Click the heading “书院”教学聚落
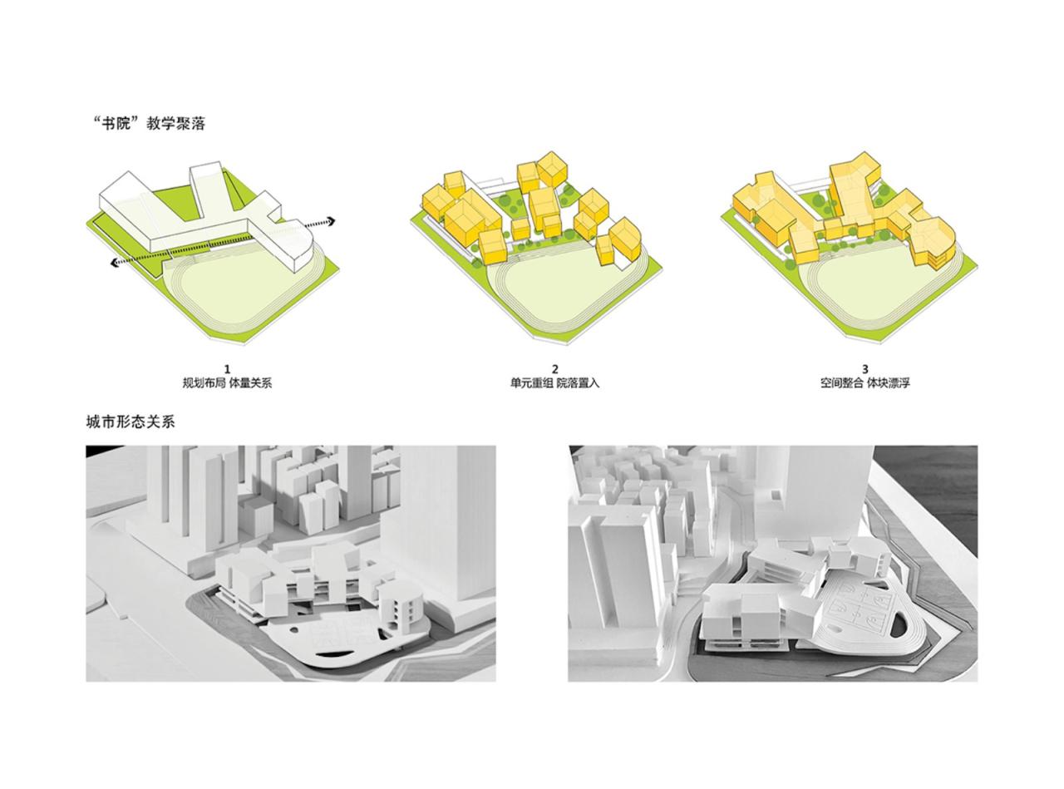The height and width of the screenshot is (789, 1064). (150, 124)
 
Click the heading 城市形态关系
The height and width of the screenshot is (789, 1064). (131, 422)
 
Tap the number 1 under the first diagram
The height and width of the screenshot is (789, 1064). (228, 369)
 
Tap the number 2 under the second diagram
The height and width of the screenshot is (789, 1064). (555, 369)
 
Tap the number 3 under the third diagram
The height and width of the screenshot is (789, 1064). (865, 369)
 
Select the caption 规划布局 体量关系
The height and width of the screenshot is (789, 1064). (228, 383)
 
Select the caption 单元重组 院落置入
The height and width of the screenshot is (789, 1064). (554, 383)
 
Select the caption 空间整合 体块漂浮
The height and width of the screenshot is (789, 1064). (865, 383)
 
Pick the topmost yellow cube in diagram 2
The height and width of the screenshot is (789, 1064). (552, 168)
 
